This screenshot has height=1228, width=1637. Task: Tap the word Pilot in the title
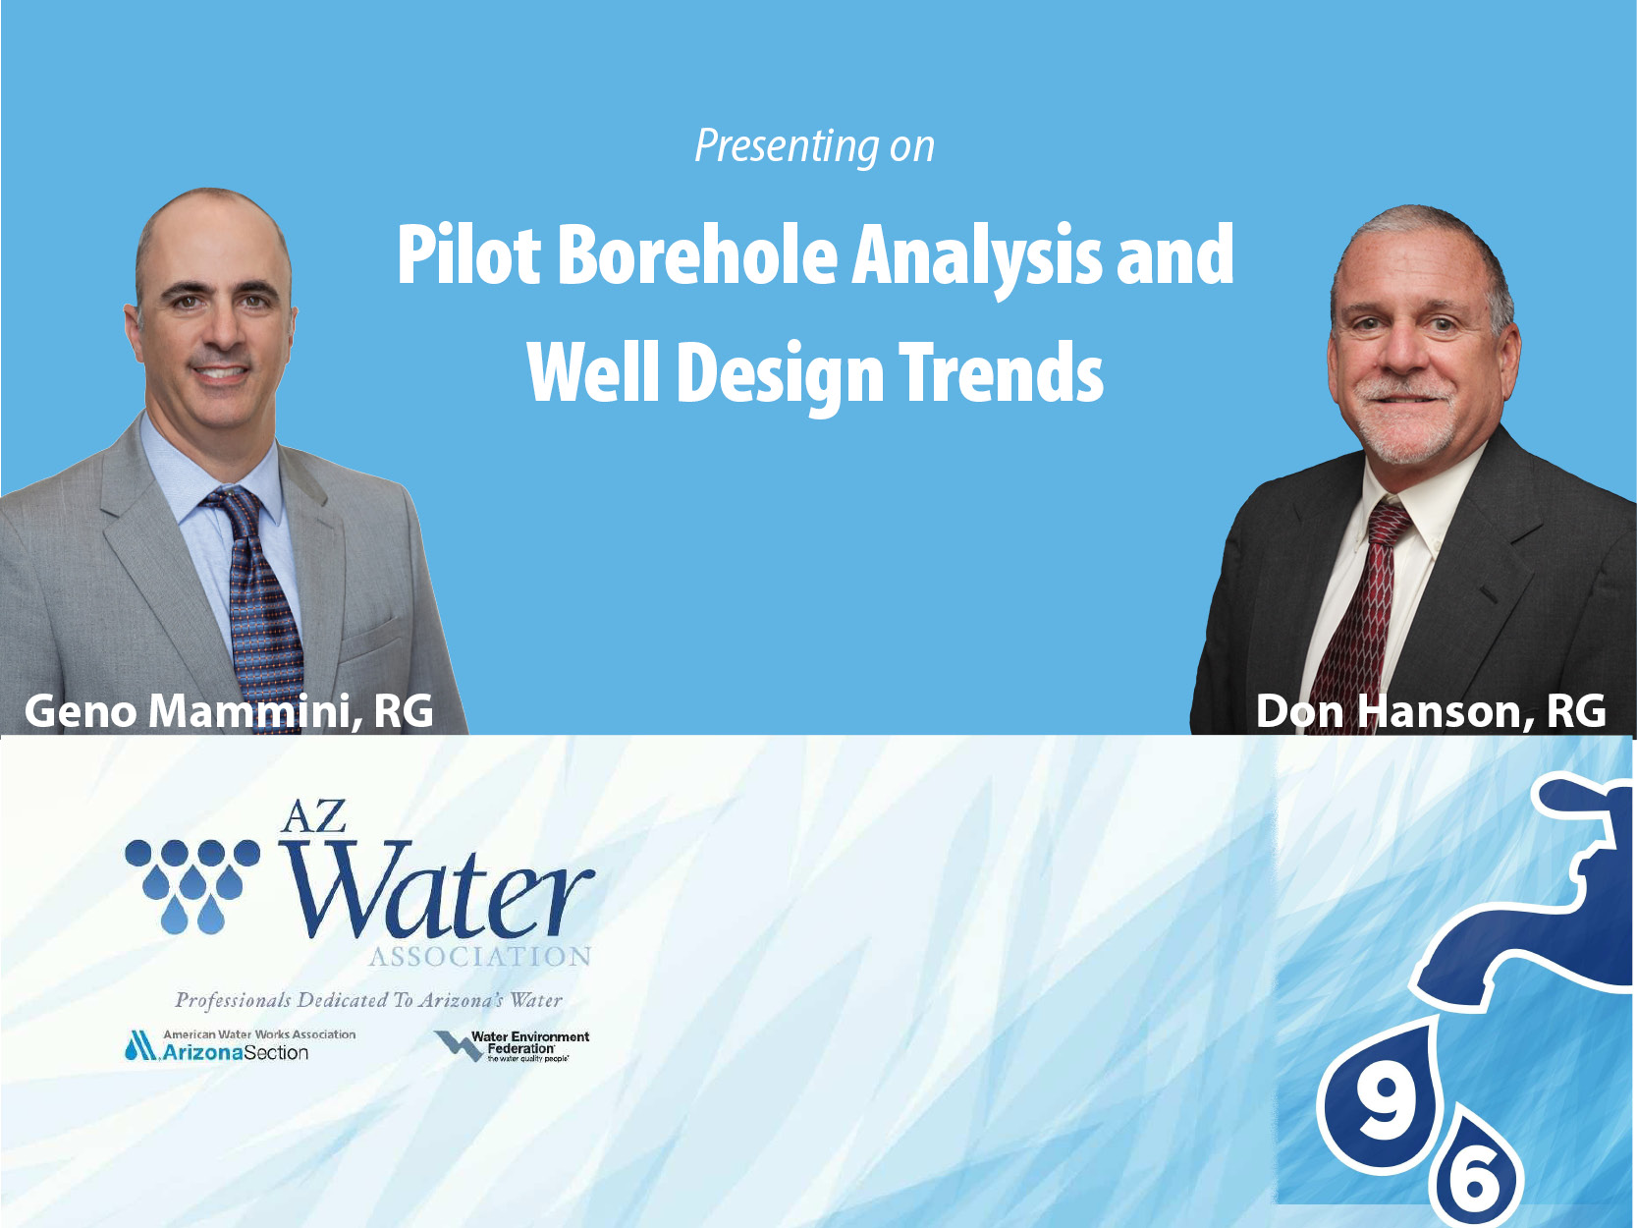468,255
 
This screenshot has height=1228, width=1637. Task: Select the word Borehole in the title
697,255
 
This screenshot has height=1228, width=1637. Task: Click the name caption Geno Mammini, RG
229,710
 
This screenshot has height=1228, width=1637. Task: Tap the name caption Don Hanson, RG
1431,710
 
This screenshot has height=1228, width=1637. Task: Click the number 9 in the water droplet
1384,1105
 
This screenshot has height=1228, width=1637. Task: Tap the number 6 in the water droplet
1476,1178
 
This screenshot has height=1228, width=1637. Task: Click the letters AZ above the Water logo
313,816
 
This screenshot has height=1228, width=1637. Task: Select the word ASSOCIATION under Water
480,957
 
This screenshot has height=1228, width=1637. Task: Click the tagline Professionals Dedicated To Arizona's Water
368,1000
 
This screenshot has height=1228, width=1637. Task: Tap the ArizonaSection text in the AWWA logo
236,1053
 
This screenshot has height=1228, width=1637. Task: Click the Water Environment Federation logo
513,1046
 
